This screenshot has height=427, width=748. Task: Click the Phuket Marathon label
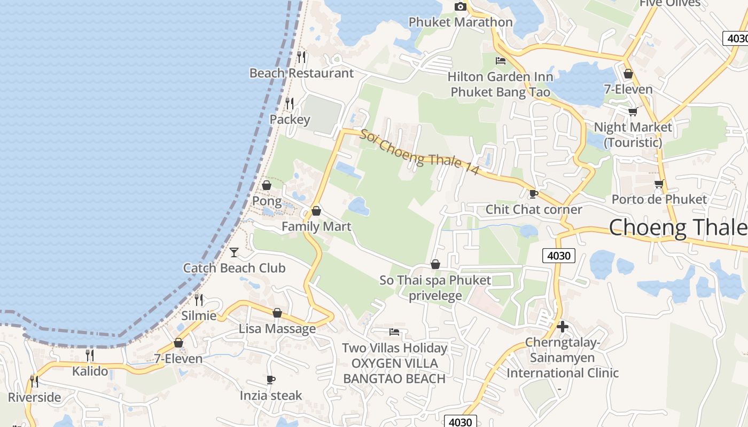click(x=461, y=22)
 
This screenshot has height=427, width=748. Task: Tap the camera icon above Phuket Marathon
click(x=460, y=6)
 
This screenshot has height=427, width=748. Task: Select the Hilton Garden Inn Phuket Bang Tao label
click(x=500, y=84)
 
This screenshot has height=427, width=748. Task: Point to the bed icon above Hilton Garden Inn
click(x=501, y=61)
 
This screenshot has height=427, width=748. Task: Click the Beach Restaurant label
click(x=302, y=73)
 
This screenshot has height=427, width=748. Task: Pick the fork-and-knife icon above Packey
click(x=290, y=102)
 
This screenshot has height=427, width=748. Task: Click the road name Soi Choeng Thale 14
click(x=419, y=152)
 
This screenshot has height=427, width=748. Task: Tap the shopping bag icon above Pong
click(x=267, y=185)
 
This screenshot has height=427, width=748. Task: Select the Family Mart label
click(x=316, y=226)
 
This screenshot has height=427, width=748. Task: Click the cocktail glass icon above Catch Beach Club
click(x=234, y=252)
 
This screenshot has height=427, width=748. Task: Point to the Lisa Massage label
click(x=277, y=328)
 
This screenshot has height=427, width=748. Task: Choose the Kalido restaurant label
click(x=90, y=371)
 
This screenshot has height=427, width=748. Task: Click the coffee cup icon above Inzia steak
click(x=271, y=380)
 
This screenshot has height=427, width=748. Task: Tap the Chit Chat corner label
click(x=533, y=209)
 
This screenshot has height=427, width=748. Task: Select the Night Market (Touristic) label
click(x=633, y=135)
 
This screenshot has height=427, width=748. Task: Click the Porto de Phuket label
click(x=659, y=199)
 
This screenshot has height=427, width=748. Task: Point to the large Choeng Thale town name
click(x=677, y=227)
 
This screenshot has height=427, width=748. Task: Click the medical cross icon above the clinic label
click(x=562, y=327)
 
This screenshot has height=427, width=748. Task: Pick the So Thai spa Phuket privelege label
click(x=435, y=288)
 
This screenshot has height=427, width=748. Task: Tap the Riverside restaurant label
click(x=34, y=397)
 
